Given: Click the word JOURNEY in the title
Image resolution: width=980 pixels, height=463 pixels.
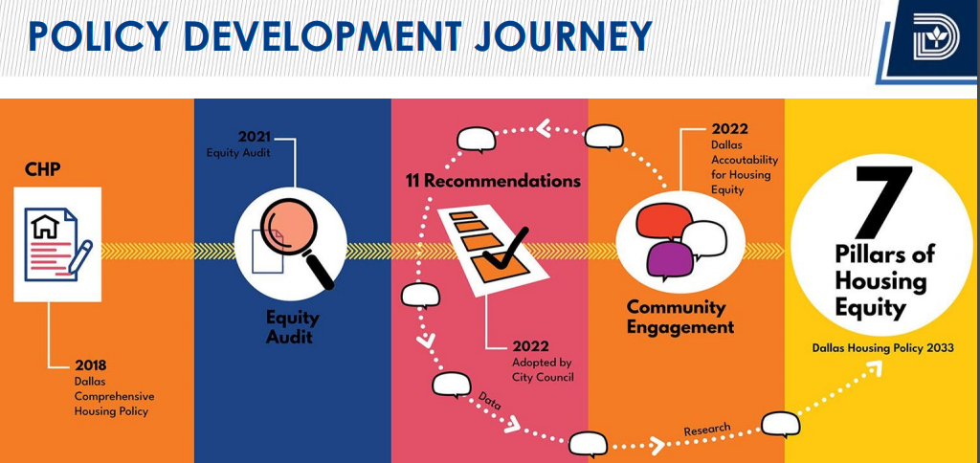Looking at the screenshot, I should point(562,35).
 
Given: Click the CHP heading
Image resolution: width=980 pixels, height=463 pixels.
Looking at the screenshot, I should point(42,169).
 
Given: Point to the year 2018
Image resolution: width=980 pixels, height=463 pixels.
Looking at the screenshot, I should point(91,365).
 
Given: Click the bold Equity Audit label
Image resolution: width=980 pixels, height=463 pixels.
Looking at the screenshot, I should point(293,327).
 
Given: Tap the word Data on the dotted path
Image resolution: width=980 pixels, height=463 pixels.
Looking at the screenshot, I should point(490,398).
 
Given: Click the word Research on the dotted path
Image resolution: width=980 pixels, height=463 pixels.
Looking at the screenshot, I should point(707,430).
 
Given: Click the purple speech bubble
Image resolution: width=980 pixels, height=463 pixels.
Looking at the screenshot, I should point(670,256).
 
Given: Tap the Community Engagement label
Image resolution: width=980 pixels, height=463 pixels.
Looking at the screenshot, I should point(680,318).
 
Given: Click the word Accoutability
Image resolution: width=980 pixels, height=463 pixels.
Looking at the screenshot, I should point(745,160).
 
